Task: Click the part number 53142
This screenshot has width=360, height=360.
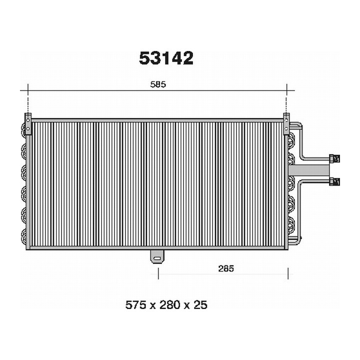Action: (x=166, y=58)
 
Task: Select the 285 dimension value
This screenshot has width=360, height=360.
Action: (x=226, y=268)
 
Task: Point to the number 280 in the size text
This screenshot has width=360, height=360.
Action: (x=167, y=304)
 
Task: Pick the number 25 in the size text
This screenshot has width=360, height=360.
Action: (x=200, y=304)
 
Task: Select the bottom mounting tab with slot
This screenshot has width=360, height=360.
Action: (x=157, y=257)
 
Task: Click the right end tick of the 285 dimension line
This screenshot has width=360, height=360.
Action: (x=287, y=274)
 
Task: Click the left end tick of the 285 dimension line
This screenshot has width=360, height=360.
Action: (x=157, y=274)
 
